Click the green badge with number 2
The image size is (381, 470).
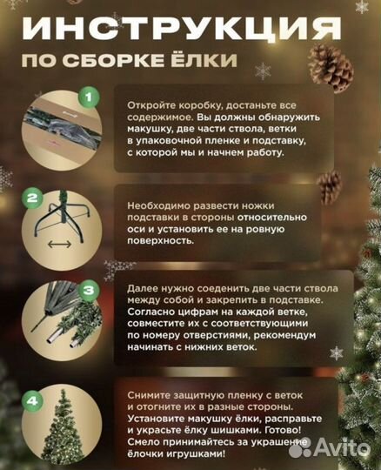pyautogui.click(x=33, y=198)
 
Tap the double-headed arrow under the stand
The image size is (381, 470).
pyautogui.click(x=60, y=247)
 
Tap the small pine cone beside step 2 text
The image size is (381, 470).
pyautogui.click(x=328, y=185)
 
